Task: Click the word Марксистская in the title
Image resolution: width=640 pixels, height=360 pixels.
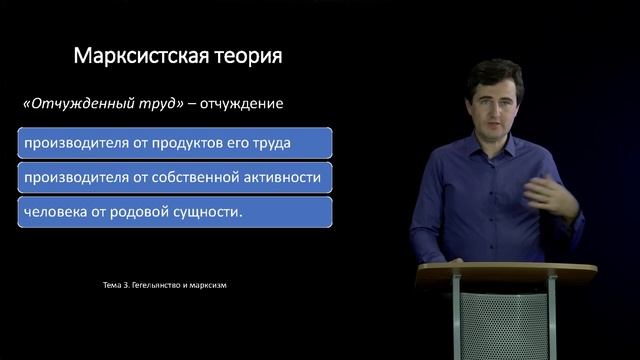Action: click(135, 56)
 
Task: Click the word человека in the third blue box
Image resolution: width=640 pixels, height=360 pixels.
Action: click(58, 213)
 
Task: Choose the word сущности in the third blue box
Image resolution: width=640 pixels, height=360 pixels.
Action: click(209, 213)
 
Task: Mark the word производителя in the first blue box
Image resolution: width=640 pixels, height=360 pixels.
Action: click(67, 143)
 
